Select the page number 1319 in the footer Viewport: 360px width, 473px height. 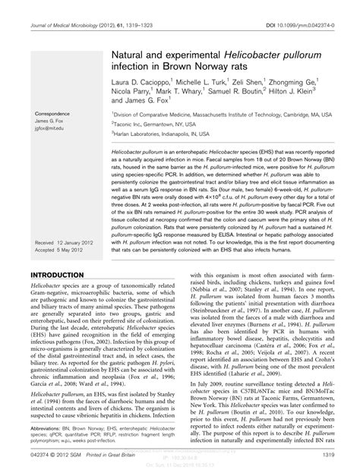pyautogui.click(x=330, y=455)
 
